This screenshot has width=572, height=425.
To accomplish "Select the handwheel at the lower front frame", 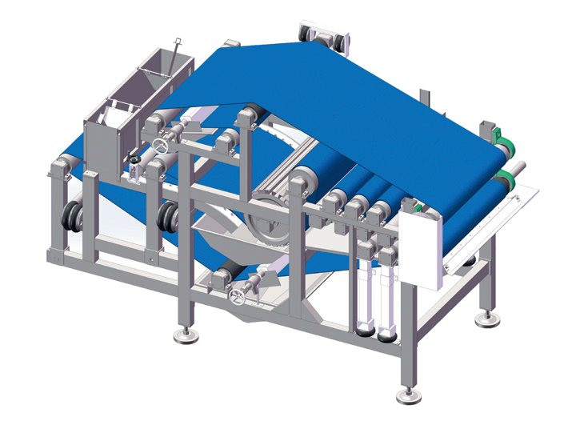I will tap(236, 297).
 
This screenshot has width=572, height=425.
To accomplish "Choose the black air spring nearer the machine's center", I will tap(169, 217).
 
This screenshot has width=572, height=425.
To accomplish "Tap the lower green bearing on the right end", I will tap(504, 178).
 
